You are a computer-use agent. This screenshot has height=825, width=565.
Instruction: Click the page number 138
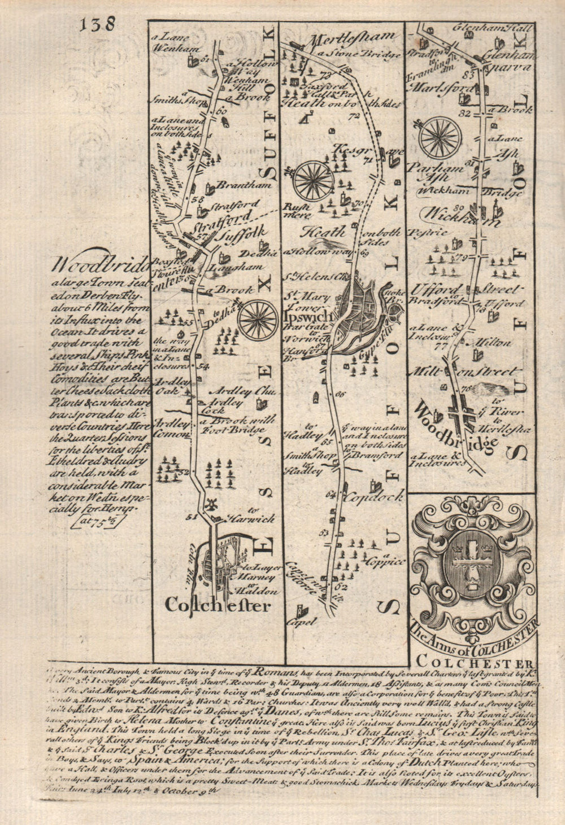[97, 24]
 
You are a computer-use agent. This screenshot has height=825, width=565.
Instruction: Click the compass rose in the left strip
[257, 317]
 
